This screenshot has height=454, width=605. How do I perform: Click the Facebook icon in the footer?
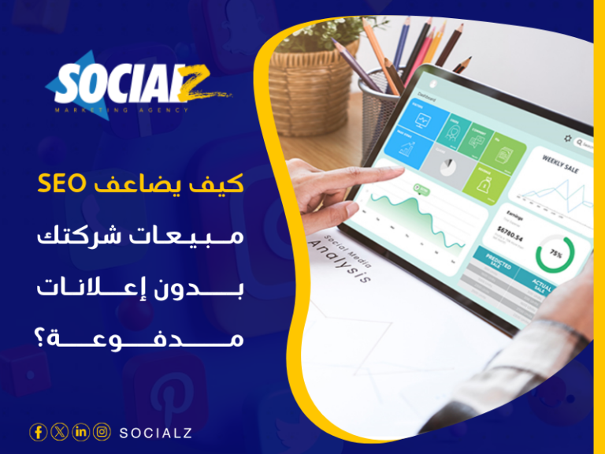pyautogui.click(x=38, y=431)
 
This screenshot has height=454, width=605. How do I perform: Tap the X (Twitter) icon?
pyautogui.click(x=59, y=431)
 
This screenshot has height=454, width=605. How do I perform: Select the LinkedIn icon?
pyautogui.click(x=80, y=431)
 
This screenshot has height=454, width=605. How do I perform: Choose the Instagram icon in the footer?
pyautogui.click(x=102, y=431)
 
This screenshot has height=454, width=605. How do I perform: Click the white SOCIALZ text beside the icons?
pyautogui.click(x=155, y=432)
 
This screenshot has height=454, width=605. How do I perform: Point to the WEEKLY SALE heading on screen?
pyautogui.click(x=561, y=162)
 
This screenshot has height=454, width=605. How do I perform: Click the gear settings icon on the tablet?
pyautogui.click(x=567, y=138)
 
